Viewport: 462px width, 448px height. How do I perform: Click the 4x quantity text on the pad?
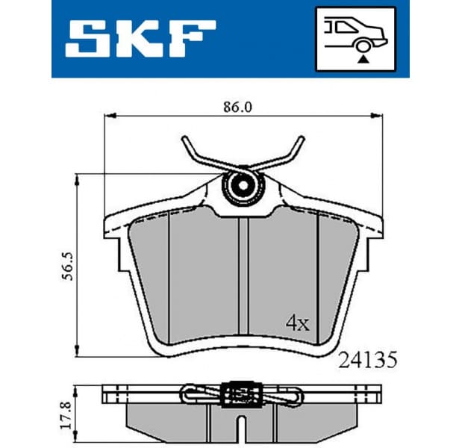click(x=298, y=324)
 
